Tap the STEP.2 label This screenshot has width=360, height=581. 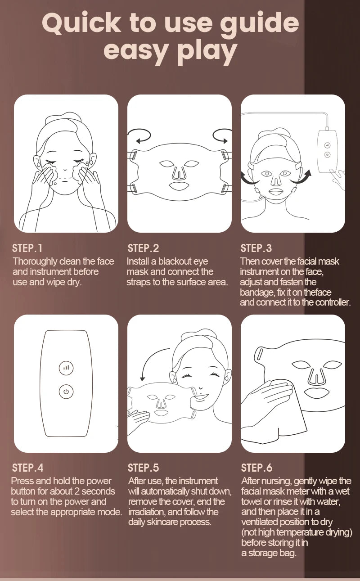(143, 248)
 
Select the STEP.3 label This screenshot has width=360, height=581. (256, 248)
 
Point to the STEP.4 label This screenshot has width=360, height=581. (28, 468)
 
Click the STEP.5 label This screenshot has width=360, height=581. (143, 468)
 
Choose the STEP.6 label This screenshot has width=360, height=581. (256, 468)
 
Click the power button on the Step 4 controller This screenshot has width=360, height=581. (66, 392)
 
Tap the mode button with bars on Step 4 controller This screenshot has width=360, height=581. (66, 368)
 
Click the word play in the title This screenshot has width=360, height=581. (207, 52)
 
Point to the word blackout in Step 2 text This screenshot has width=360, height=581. (177, 261)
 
